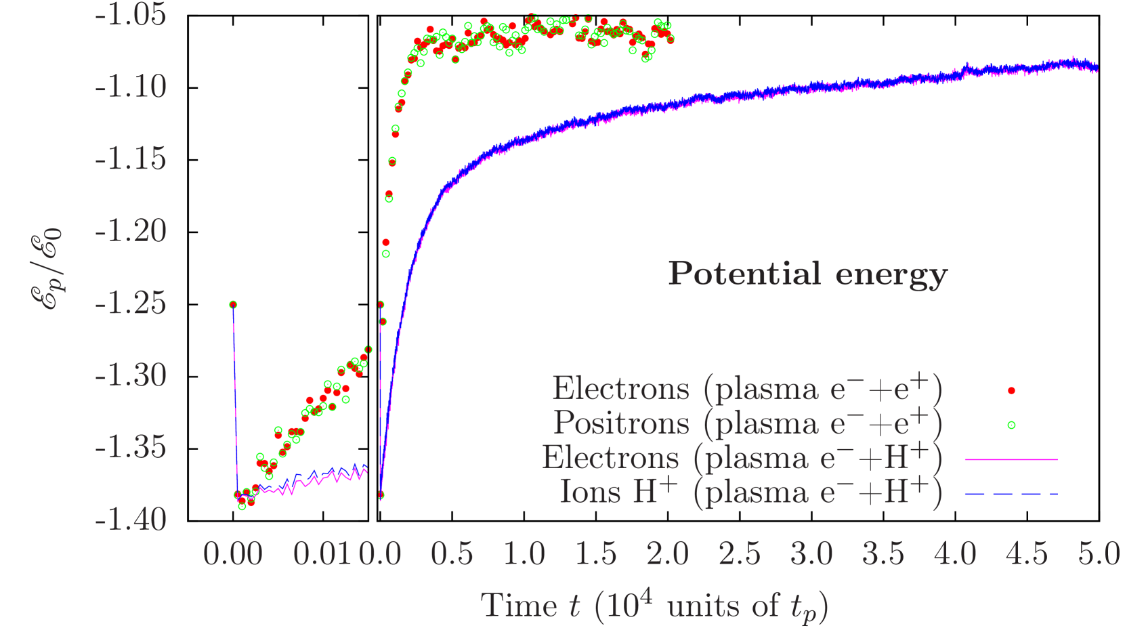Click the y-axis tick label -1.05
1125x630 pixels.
(x=131, y=15)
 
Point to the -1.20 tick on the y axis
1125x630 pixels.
(x=131, y=231)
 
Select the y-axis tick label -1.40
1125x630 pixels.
(x=131, y=520)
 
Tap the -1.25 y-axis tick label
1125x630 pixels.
(x=131, y=303)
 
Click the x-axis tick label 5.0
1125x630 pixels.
(x=1099, y=554)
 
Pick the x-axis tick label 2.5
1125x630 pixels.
(x=740, y=554)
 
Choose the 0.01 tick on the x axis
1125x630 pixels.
(x=323, y=554)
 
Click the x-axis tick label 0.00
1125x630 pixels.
(x=233, y=554)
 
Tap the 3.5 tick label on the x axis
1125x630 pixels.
(x=883, y=554)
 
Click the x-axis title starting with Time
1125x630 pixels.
(x=654, y=605)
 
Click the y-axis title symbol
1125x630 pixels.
(x=49, y=269)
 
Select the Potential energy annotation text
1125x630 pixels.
(x=807, y=274)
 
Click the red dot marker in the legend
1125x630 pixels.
(x=1011, y=390)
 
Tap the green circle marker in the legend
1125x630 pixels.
(x=1011, y=425)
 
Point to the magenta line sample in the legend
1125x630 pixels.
(x=1011, y=459)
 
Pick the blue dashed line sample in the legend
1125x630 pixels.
(x=1011, y=494)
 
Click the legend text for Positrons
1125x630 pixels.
(x=747, y=423)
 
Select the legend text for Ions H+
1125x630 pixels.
(x=750, y=492)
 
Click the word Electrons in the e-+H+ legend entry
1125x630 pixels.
(x=610, y=458)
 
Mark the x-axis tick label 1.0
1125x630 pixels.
(x=524, y=554)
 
